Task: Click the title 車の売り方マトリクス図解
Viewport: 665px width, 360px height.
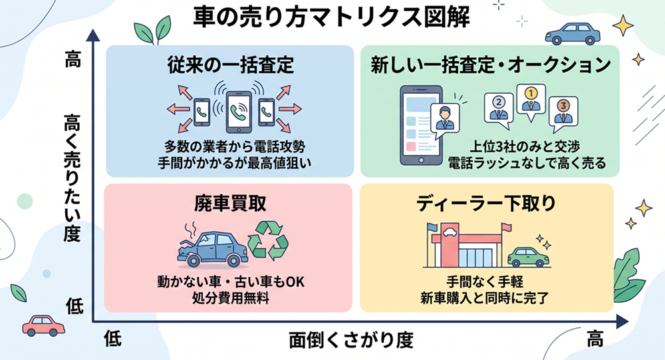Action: (x=331, y=17)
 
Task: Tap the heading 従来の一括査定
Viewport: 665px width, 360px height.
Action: (x=230, y=65)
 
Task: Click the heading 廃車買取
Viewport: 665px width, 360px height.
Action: (x=230, y=204)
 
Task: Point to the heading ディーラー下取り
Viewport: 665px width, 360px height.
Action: (x=486, y=204)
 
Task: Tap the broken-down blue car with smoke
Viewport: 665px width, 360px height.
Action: (x=212, y=247)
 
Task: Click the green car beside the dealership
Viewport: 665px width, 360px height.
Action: (x=527, y=256)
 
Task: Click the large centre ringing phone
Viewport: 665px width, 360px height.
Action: (x=239, y=111)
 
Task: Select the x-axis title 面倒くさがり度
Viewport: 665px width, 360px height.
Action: (x=351, y=340)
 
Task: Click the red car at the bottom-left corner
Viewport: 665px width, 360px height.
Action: (x=43, y=325)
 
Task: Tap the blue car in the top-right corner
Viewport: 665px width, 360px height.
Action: (x=573, y=33)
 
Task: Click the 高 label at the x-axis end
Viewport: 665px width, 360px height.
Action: (x=595, y=339)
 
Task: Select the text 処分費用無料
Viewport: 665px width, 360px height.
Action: (x=231, y=298)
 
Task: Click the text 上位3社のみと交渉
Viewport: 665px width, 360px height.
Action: (x=525, y=146)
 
